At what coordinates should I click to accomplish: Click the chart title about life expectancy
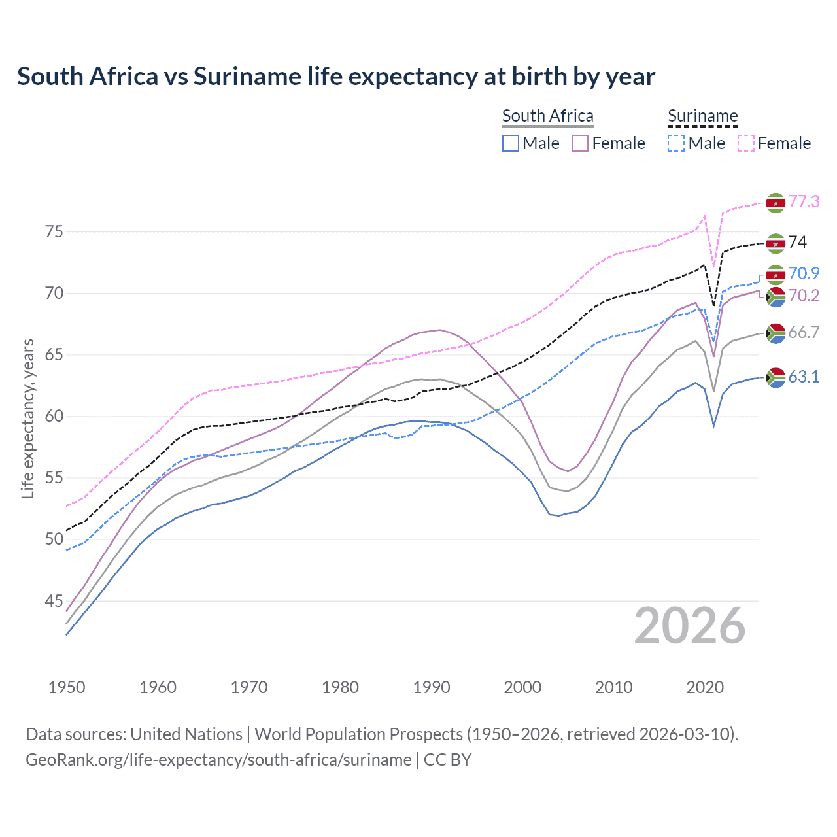(x=335, y=77)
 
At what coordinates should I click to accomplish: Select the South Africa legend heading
(x=547, y=116)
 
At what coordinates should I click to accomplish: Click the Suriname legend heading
(x=702, y=116)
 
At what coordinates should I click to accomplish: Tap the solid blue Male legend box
(x=511, y=143)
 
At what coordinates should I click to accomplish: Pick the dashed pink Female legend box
(x=746, y=143)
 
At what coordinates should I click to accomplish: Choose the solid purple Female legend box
(x=580, y=143)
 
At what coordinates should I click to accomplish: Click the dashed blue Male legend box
(x=676, y=143)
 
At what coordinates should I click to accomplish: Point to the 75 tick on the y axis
(x=54, y=232)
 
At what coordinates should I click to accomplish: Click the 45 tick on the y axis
(x=54, y=601)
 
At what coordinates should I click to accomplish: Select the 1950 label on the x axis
(x=67, y=687)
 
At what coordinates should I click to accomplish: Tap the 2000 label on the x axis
(x=522, y=687)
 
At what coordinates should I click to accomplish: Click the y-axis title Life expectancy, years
(x=27, y=418)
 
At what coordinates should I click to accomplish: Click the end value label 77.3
(x=804, y=201)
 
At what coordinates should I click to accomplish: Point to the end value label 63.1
(x=804, y=377)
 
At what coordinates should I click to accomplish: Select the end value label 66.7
(x=804, y=332)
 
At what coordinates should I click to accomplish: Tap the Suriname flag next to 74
(x=776, y=243)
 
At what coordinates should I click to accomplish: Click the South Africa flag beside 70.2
(x=776, y=297)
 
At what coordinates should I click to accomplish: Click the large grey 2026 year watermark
(x=689, y=626)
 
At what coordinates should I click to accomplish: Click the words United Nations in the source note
(x=186, y=734)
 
